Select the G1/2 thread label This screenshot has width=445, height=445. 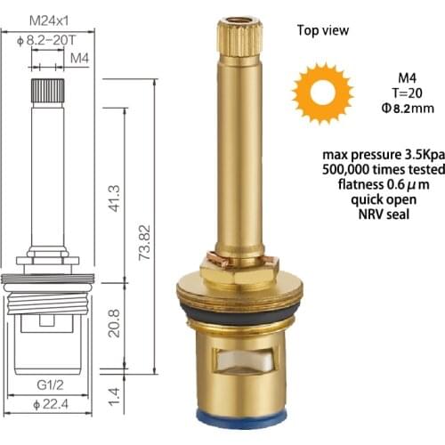pos(52,385)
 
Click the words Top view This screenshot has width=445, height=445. pos(322,29)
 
